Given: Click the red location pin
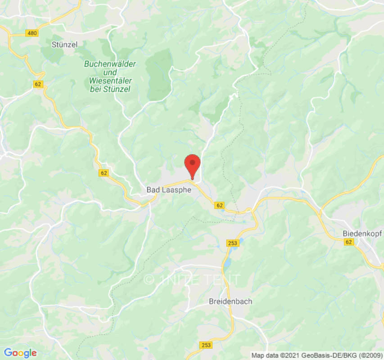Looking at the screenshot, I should [193, 165].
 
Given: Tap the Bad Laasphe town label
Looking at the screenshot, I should [169, 190].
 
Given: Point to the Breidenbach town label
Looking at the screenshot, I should [230, 301].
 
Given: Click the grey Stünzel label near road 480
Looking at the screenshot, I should [64, 44].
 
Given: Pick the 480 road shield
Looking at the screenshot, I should [32, 33].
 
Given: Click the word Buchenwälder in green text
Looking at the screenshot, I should [110, 64].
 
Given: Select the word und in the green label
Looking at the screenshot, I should [110, 72].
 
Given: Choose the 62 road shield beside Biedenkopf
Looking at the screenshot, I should [348, 242].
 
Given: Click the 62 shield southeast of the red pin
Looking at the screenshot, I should [219, 205].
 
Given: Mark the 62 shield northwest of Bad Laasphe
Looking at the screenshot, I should [104, 173].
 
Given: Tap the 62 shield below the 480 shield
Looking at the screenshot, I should [39, 84].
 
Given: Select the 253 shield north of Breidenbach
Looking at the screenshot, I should [232, 243].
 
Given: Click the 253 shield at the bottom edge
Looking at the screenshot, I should [205, 345].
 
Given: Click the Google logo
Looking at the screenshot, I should [20, 353].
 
